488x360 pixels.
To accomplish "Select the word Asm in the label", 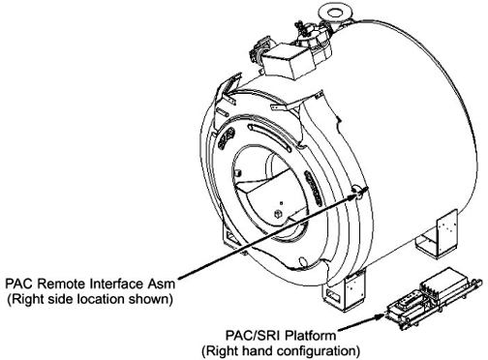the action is click(x=162, y=284).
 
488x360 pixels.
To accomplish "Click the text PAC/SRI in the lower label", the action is click(x=253, y=336).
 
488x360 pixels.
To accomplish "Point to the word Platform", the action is click(x=310, y=336).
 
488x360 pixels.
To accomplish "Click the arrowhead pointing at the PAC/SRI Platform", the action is click(x=381, y=315).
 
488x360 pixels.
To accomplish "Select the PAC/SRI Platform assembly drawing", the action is click(x=433, y=298).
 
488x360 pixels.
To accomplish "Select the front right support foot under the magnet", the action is click(x=346, y=292).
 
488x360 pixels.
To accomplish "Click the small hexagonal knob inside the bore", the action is click(x=277, y=214).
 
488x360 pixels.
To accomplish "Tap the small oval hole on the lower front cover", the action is click(x=303, y=260).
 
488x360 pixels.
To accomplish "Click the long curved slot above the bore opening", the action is click(x=269, y=136).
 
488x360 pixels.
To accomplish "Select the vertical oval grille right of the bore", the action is click(x=313, y=188).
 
